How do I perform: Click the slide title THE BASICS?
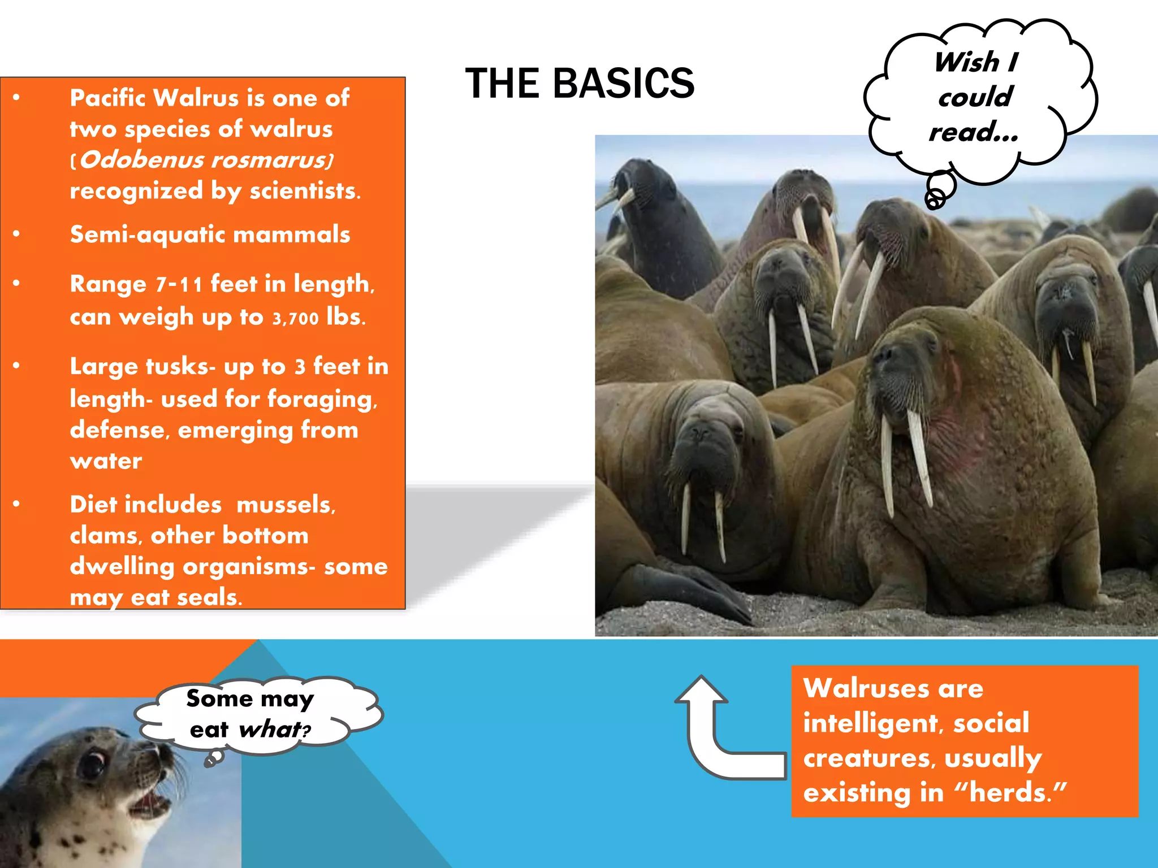pos(580,84)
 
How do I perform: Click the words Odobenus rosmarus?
pos(204,160)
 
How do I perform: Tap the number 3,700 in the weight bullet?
pos(295,319)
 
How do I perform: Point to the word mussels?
pos(286,505)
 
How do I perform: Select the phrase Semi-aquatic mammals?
pos(210,235)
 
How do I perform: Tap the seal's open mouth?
pos(150,802)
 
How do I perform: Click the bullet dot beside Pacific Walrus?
pos(16,98)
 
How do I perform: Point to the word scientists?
pos(304,191)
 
